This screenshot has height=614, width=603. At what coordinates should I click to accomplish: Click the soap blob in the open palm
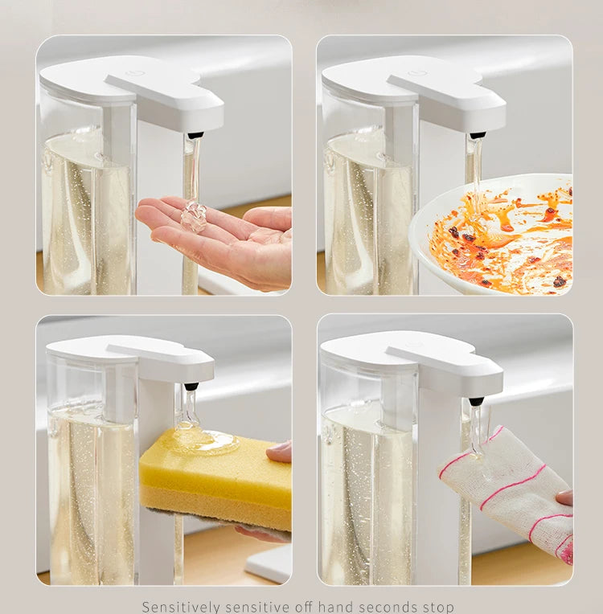tap(194, 217)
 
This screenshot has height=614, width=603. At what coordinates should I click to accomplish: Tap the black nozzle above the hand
tap(195, 135)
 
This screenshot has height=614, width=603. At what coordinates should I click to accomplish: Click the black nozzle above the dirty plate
tap(478, 135)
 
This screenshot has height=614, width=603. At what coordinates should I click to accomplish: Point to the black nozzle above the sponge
tap(191, 387)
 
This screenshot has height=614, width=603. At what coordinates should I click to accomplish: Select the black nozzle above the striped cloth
tap(476, 400)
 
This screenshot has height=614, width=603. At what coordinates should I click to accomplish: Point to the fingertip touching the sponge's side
tap(281, 452)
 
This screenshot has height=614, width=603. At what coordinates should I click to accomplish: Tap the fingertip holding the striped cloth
tap(564, 497)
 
